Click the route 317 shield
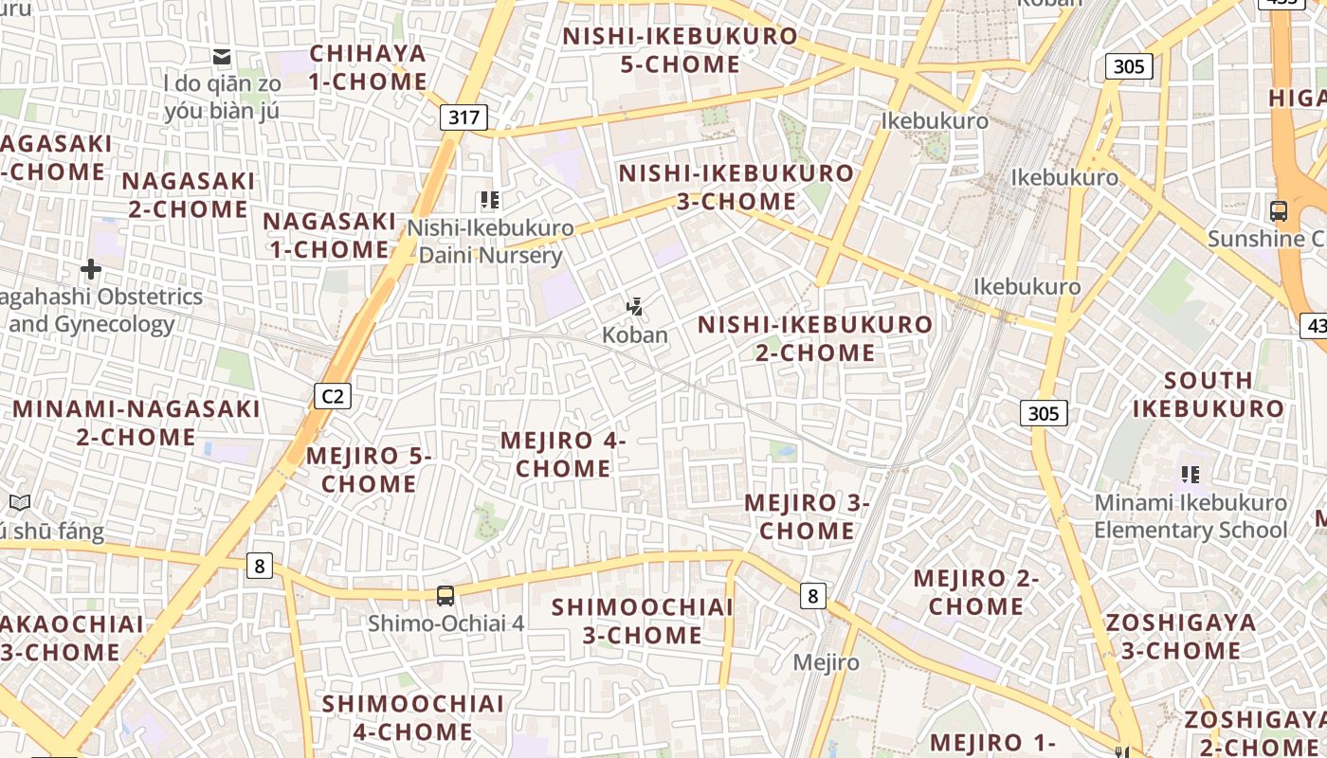click(464, 117)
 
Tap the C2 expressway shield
click(333, 395)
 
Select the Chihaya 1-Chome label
click(368, 67)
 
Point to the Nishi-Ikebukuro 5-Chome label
click(680, 50)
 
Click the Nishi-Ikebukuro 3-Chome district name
click(736, 188)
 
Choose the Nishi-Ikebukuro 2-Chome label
click(815, 338)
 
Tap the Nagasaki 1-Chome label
click(329, 235)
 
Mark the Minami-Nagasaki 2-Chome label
click(136, 423)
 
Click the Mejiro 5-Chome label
click(369, 469)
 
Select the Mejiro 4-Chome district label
click(563, 454)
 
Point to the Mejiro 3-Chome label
click(807, 516)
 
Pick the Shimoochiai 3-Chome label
click(643, 621)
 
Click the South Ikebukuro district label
click(1208, 394)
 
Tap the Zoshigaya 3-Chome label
click(1180, 637)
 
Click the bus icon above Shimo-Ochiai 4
click(445, 596)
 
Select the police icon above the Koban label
click(635, 306)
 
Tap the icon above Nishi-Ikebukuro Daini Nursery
click(489, 200)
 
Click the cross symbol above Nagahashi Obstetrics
click(91, 270)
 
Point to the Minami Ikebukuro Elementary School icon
click(1191, 474)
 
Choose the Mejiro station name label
click(826, 662)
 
